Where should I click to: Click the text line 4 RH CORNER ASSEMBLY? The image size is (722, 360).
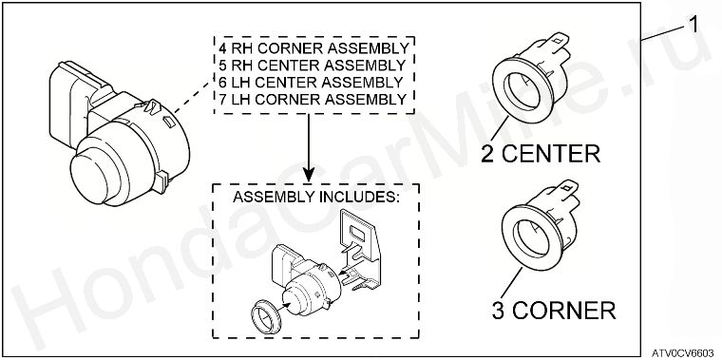tap(313, 47)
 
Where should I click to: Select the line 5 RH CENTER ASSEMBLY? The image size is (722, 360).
tap(312, 65)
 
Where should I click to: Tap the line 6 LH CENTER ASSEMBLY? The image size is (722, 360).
tap(311, 83)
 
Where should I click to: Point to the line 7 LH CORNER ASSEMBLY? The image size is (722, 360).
tap(313, 100)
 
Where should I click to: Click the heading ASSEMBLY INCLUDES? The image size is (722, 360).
tap(315, 197)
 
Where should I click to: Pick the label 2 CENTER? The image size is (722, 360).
tap(541, 154)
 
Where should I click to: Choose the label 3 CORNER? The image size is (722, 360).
tap(554, 311)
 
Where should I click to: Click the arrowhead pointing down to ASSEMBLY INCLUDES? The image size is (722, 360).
tap(308, 174)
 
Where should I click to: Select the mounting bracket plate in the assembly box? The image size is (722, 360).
tap(359, 250)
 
